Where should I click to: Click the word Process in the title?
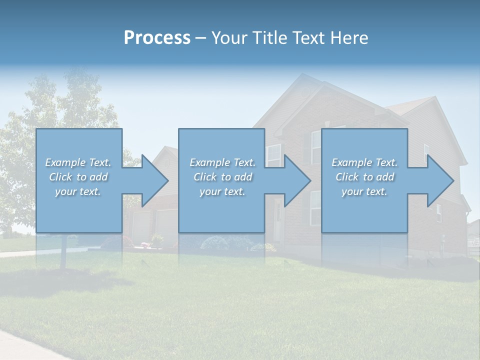[157, 38]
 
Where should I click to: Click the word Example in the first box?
[65, 162]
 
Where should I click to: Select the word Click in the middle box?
[205, 177]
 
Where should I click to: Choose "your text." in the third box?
[364, 191]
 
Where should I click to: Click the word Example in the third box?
[352, 162]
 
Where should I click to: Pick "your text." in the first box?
[78, 191]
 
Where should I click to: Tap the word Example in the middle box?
[210, 162]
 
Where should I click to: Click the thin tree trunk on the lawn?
[63, 252]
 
